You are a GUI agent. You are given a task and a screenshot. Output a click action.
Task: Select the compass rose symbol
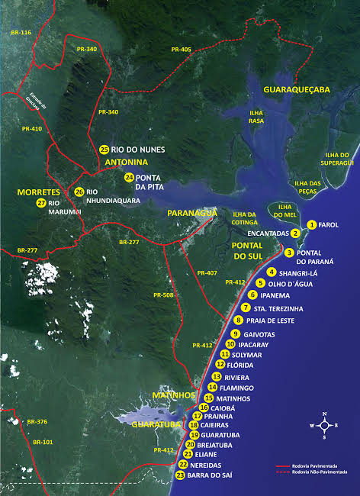pyautogui.click(x=324, y=425)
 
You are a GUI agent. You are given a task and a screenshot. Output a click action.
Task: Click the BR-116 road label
pyautogui.click(x=21, y=34)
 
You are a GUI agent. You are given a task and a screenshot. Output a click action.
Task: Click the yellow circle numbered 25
pyautogui.click(x=104, y=149)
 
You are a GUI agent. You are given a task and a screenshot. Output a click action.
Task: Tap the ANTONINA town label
pyautogui.click(x=125, y=163)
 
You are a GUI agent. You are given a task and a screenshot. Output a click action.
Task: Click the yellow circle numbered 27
pyautogui.click(x=40, y=203)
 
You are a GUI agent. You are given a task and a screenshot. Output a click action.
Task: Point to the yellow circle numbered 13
pyautogui.click(x=217, y=377)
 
